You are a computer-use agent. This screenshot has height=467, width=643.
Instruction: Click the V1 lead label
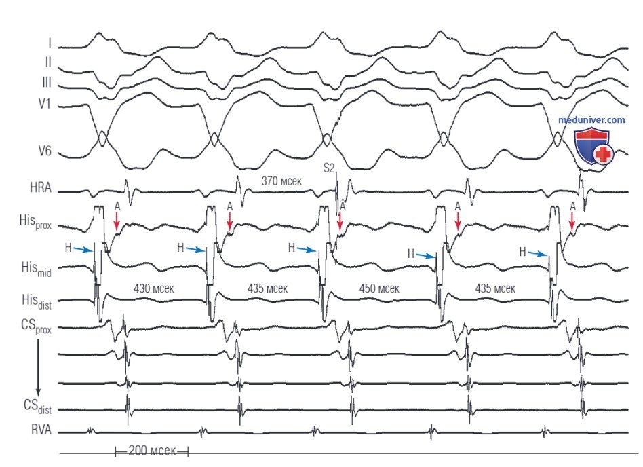44,103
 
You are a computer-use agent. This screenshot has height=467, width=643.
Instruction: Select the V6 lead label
45,151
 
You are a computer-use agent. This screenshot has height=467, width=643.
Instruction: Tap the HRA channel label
41,187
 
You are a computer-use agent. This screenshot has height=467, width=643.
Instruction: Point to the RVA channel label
41,430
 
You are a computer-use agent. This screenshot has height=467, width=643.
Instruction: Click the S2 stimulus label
329,168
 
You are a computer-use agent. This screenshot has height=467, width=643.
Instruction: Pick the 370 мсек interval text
281,181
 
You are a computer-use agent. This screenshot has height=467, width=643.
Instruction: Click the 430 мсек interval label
154,288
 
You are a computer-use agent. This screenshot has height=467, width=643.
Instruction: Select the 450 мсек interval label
379,288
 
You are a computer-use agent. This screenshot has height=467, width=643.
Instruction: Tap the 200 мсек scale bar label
152,451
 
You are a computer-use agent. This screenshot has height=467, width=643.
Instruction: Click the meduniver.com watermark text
591,120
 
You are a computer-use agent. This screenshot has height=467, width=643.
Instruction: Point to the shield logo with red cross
593,146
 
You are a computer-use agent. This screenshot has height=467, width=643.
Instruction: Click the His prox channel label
35,221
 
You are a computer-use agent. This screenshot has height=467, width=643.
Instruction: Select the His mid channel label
36,269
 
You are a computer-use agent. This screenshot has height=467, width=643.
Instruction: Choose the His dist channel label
37,301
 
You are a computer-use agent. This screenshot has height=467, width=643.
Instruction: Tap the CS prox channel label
36,326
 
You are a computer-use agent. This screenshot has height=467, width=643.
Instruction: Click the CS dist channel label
37,407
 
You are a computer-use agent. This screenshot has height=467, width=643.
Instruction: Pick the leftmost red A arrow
117,221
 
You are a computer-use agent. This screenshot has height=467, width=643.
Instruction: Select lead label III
46,83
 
